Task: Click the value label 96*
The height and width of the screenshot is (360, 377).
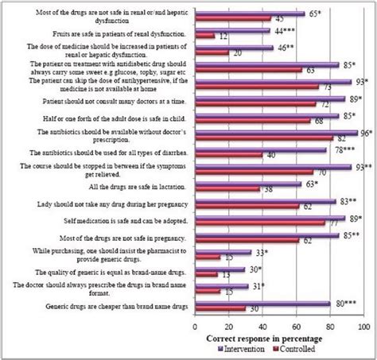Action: [365, 134]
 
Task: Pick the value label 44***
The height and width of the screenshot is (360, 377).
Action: [280, 29]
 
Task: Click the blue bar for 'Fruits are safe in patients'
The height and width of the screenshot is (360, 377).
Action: [231, 30]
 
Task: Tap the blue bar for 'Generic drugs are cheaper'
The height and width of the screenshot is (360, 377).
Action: [262, 303]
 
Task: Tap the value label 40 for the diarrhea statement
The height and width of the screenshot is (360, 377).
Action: [269, 156]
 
